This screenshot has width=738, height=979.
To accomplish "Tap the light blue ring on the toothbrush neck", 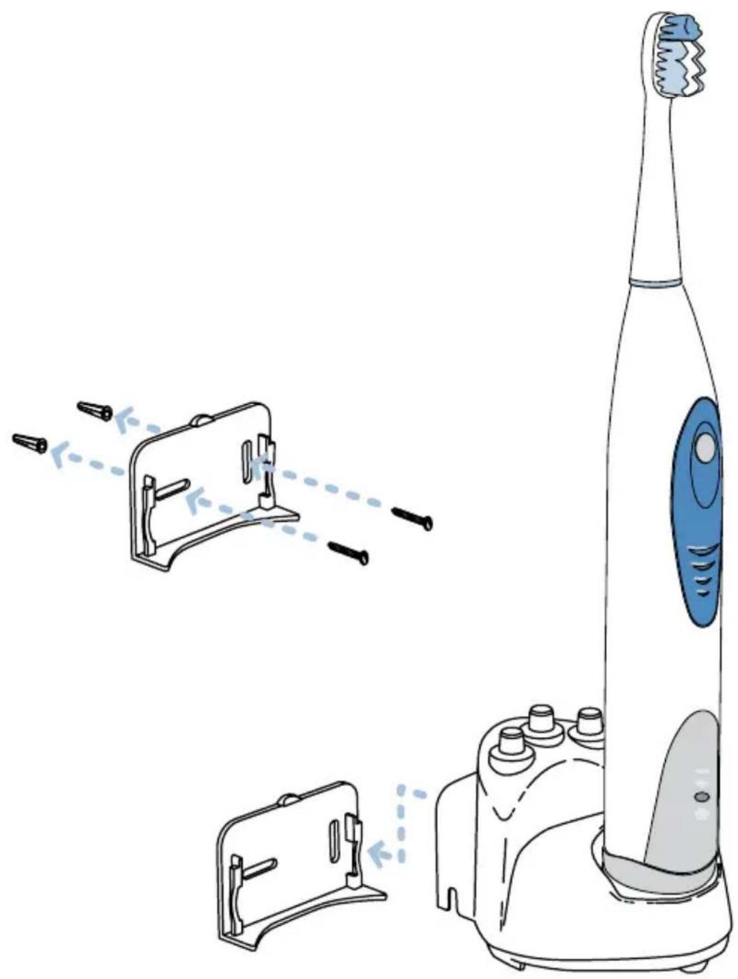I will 653,282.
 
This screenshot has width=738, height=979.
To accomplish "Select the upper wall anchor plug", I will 95,410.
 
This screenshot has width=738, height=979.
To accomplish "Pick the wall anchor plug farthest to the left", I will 30,442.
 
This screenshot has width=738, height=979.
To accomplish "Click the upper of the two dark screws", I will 412,517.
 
